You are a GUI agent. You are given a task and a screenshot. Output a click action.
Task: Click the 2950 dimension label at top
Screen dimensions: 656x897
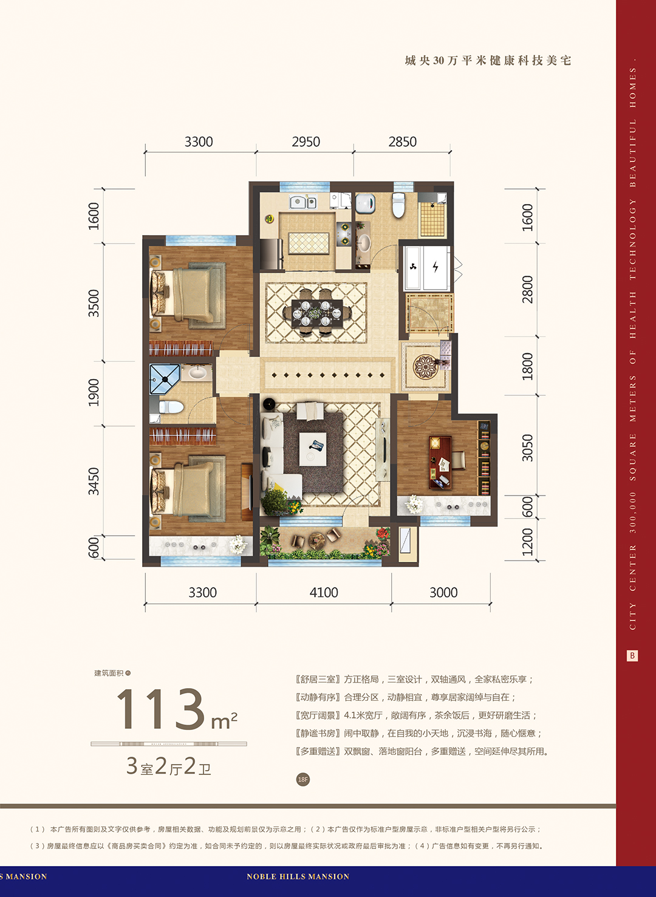point(306,142)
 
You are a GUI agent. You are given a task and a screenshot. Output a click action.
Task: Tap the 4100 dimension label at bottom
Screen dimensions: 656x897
point(324,592)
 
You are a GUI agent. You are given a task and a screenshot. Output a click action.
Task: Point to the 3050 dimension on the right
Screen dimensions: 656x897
point(527,448)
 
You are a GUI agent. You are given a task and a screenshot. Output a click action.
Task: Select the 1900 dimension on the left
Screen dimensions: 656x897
point(94,392)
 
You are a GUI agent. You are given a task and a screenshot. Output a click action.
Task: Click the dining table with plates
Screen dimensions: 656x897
point(317,313)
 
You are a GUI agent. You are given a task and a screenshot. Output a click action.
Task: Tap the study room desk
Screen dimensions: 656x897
point(440,463)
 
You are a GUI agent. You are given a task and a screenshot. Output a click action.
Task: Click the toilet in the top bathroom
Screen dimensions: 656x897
point(398,205)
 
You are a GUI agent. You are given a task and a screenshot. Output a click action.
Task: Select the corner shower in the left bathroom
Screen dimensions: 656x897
point(165,379)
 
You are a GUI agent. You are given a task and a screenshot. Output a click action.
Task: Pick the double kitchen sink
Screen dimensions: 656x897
point(303,202)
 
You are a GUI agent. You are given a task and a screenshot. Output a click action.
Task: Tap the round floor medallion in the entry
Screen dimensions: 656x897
point(426,366)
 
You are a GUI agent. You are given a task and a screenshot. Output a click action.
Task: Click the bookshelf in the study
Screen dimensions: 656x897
point(483,457)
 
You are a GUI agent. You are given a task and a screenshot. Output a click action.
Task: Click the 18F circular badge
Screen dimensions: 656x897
point(302,779)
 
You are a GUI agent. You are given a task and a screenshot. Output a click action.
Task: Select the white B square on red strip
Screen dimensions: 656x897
point(632,655)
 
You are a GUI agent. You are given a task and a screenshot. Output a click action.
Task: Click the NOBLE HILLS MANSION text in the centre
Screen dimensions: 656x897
point(298,876)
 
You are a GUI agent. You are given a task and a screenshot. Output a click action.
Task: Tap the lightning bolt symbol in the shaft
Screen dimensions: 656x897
point(436,266)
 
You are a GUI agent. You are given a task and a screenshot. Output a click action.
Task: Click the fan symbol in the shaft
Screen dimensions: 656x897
point(414,266)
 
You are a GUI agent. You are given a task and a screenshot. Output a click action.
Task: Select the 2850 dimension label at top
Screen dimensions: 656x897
point(403,142)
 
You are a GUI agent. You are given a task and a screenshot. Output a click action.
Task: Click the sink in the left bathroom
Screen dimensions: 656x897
point(197,373)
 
